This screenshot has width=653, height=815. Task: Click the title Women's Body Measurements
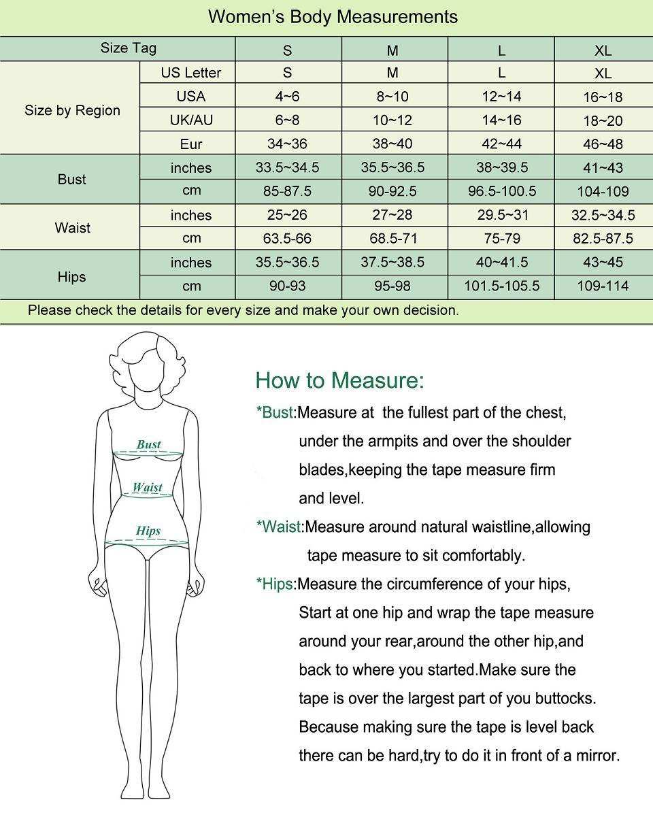[x=333, y=17]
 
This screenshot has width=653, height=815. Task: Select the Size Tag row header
[x=129, y=48]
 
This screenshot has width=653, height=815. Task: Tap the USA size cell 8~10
[x=392, y=97]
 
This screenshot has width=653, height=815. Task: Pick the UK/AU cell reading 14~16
[x=501, y=120]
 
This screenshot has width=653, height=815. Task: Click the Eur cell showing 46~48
[x=603, y=144]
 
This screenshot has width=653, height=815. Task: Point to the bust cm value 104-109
[x=603, y=192]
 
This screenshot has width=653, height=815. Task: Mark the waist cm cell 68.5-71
[x=392, y=239]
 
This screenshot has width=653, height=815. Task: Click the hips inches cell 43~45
[x=603, y=263]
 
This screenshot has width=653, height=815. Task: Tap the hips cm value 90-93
[x=287, y=286]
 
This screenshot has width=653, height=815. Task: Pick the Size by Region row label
[x=72, y=110]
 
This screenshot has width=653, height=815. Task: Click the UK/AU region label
[x=191, y=120]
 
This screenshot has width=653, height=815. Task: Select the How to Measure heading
[x=339, y=380]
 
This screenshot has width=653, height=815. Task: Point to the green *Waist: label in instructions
[x=280, y=527]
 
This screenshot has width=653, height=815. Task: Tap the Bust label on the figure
[x=148, y=445]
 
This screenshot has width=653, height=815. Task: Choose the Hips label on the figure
[x=148, y=531]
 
